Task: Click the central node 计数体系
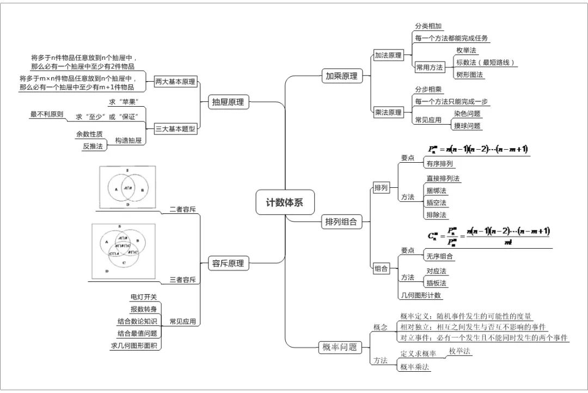[x=284, y=202]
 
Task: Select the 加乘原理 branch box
[x=341, y=76]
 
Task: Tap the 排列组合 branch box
[x=341, y=222]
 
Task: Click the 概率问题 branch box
[x=339, y=347]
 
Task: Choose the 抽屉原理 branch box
[x=229, y=101]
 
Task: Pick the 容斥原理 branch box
[x=229, y=264]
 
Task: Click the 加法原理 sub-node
[x=388, y=56]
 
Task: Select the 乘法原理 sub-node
[x=388, y=113]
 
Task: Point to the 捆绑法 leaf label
[x=436, y=191]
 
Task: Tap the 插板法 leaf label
[x=436, y=283]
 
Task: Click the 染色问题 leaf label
[x=467, y=114]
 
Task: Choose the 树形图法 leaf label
[x=470, y=75]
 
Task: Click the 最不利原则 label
[x=47, y=114]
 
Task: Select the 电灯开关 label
[x=144, y=297]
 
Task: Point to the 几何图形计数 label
[x=421, y=296]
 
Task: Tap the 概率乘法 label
[x=415, y=367]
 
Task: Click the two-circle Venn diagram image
[x=127, y=186]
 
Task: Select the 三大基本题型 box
[x=175, y=128]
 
